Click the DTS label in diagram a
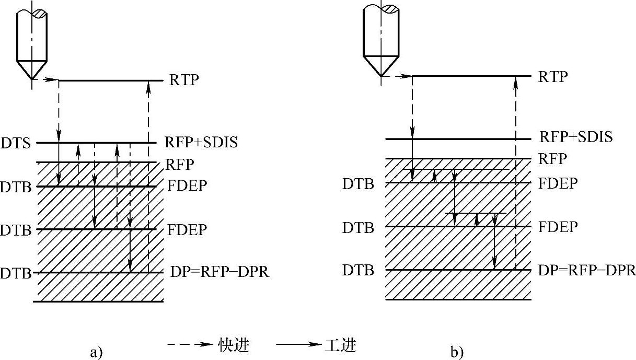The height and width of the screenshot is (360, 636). coord(16,142)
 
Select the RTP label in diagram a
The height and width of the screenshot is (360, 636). coord(184,80)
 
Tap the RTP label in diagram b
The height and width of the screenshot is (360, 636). coord(553,77)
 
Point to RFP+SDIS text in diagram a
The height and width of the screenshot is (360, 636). coord(201,143)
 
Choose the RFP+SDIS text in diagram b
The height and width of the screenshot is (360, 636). coord(575,138)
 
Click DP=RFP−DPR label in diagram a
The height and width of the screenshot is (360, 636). coord(220,272)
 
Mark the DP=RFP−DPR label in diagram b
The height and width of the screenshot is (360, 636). coord(587,270)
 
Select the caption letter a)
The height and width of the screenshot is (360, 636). coord(96,353)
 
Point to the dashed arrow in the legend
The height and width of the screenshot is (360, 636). coord(190,345)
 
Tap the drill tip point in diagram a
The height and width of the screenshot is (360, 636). coord(32,79)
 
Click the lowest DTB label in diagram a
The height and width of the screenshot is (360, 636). coord(15,273)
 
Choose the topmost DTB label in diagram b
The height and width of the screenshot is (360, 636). coord(358,183)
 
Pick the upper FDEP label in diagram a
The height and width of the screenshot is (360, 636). coord(187,186)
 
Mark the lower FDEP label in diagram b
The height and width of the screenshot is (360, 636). coord(558,227)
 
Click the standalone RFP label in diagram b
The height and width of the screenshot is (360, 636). coord(552,158)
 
